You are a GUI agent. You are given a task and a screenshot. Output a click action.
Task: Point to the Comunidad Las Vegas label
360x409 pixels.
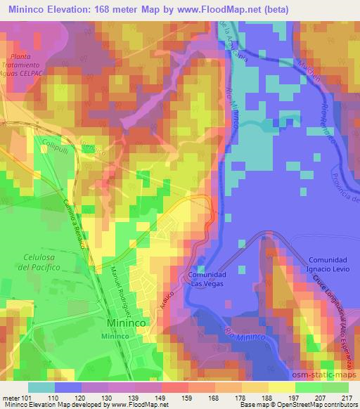click(x=206, y=280)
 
